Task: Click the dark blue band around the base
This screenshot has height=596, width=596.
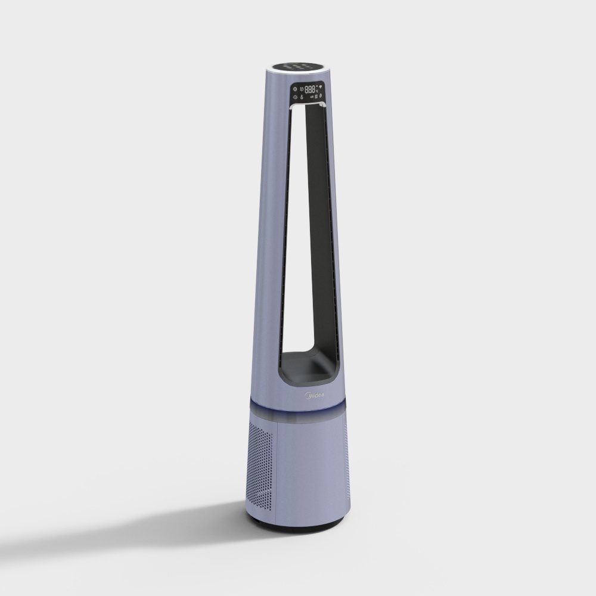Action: [298, 408]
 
